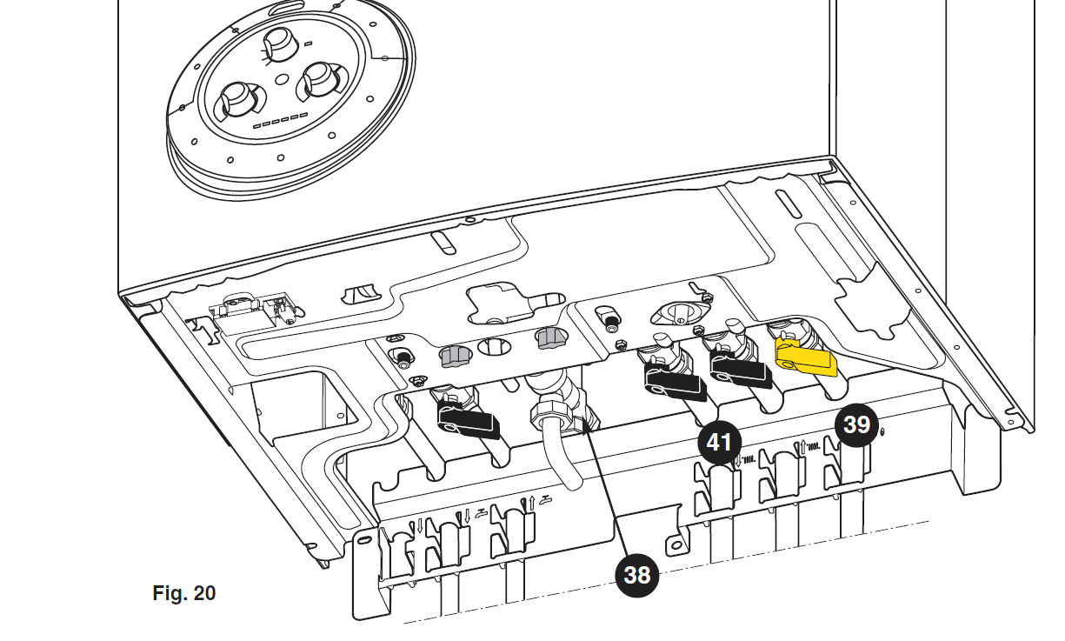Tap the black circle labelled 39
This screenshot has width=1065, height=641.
(856, 424)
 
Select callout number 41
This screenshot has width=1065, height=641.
(719, 442)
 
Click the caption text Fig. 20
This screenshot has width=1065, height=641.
(184, 593)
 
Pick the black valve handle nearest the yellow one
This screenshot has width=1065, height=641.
(738, 370)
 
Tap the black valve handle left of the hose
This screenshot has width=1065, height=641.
(469, 419)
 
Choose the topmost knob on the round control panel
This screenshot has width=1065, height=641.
(281, 44)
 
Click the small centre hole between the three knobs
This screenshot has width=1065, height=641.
(282, 79)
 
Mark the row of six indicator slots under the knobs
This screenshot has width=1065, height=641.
(281, 120)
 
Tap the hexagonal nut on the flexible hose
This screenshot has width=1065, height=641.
(551, 415)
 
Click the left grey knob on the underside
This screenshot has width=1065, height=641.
(454, 357)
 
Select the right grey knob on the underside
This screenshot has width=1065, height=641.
(552, 337)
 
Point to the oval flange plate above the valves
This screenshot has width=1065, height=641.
(680, 313)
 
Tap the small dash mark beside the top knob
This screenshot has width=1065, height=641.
(308, 43)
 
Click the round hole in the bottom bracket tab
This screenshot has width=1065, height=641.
(676, 546)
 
